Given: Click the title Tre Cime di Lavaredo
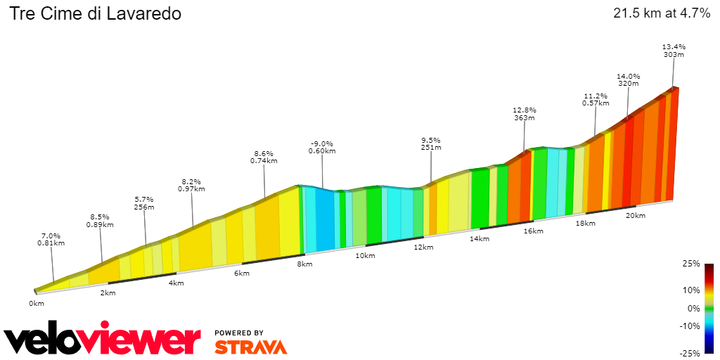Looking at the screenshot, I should coord(95,13).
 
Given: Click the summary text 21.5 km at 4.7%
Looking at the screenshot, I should coord(662,13).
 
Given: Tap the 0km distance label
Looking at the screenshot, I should coord(37,303).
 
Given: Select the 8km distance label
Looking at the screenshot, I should coord(304,264).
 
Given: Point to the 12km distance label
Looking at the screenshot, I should coord(423,247).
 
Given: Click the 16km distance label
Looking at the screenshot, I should coord(534,231).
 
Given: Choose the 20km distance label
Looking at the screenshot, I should coord(636,215).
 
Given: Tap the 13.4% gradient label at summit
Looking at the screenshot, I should coord(674,47).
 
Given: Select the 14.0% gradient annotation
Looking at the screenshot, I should coord(628,76).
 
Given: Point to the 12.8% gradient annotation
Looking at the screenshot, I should coord(525,110).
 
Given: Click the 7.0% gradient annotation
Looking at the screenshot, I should coord(51,236).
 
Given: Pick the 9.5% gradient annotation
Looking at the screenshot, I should coord(430,140).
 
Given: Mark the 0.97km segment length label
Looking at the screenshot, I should coord(191,188).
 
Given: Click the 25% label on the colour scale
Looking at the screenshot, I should coord(692,264).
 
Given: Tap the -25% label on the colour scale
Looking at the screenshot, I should coord(690,353).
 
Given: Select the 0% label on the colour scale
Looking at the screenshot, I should coord(694,308).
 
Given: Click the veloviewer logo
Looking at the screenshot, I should coord(102,340).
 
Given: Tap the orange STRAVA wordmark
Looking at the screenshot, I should coord(250,347).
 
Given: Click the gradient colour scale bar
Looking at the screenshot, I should coord(709,308).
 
